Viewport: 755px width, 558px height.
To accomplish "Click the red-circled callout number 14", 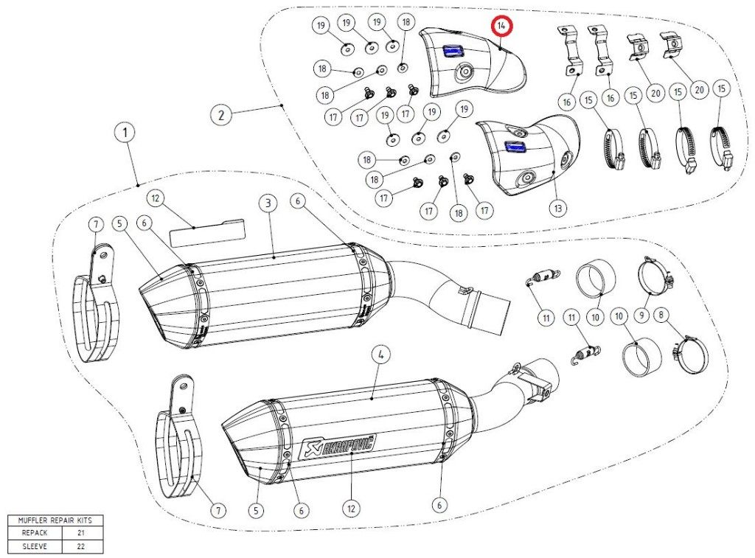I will pos(502,26).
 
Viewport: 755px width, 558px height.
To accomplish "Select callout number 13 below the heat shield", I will pos(558,209).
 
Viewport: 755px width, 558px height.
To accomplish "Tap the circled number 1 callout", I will pos(125,133).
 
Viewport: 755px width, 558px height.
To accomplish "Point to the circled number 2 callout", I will pos(220,115).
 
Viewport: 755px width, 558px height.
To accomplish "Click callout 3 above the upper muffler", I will pos(268,203).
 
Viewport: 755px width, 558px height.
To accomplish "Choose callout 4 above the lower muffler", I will pos(381,355).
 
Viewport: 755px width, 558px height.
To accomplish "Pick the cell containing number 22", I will pos(82,547).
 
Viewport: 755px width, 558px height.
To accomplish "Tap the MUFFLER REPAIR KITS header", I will pos(55,520).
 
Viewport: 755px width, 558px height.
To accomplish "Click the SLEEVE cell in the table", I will pos(34,547).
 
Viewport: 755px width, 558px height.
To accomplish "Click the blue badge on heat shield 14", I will pos(450,52).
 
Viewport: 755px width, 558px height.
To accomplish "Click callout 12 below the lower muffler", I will pos(351,508).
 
